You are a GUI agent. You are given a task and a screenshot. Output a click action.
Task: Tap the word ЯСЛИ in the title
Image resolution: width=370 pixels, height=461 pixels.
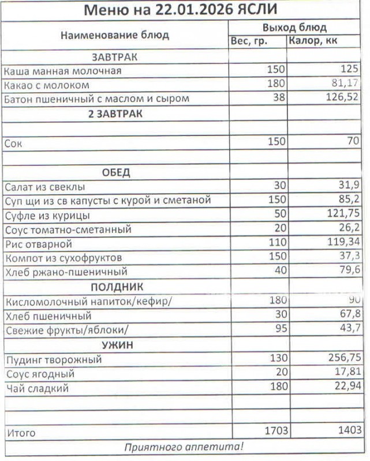[256, 10]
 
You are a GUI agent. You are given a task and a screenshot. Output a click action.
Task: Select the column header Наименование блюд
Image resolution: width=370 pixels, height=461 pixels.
[114, 35]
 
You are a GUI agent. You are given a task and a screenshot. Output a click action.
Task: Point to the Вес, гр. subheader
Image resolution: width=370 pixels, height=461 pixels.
[249, 41]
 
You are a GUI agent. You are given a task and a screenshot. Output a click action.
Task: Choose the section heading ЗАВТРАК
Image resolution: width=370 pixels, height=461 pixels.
[114, 57]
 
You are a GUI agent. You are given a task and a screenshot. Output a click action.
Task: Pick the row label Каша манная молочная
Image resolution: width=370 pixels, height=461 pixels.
[62, 71]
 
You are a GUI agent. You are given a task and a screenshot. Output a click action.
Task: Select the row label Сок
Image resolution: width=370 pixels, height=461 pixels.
[13, 143]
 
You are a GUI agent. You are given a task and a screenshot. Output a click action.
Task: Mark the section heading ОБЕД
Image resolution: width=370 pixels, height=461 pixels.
[116, 172]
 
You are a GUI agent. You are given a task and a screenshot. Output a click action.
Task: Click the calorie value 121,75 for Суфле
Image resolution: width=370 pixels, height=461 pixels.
[342, 215]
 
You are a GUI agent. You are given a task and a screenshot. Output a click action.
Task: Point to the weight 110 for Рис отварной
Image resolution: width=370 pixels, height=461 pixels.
[277, 243]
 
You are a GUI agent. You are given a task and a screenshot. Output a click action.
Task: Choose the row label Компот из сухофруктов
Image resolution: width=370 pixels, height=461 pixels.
[63, 258]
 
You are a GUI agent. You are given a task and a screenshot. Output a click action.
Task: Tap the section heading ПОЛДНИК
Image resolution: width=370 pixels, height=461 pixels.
[116, 286]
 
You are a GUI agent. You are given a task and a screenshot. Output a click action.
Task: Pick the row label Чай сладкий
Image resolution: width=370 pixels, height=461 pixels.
[37, 388]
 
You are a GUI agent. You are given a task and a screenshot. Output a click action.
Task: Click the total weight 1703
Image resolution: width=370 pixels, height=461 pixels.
[275, 430]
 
